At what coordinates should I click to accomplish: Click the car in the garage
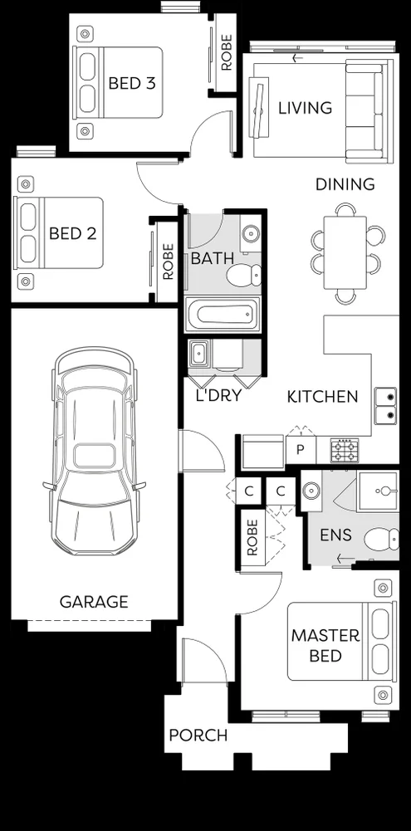point(93,452)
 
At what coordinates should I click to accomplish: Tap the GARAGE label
point(94,602)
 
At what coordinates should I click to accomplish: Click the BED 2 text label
point(72,233)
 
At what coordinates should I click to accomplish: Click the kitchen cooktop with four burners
point(345,451)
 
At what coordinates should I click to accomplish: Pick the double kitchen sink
point(384,405)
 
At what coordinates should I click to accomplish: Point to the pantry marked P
point(299,451)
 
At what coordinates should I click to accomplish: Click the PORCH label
point(198,736)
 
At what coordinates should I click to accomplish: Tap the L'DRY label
point(218,396)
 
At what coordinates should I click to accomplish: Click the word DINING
point(345,184)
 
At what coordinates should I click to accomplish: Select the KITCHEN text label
point(322,397)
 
